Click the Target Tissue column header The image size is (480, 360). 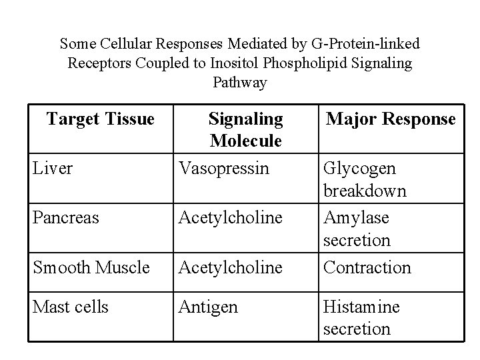coord(100,119)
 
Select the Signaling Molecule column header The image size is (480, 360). coord(245,130)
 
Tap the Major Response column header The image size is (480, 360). coord(391,119)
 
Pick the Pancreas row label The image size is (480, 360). coord(65,217)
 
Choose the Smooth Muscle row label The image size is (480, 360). coord(91,267)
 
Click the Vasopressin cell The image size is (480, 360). coord(223,168)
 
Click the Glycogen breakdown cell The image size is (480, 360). coord(365,179)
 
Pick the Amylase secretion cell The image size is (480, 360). coord(357,228)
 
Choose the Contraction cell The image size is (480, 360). coord(367,267)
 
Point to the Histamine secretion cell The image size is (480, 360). coord(361,317)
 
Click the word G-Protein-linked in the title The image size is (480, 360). coord(365,44)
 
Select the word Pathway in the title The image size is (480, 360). coord(240,83)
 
